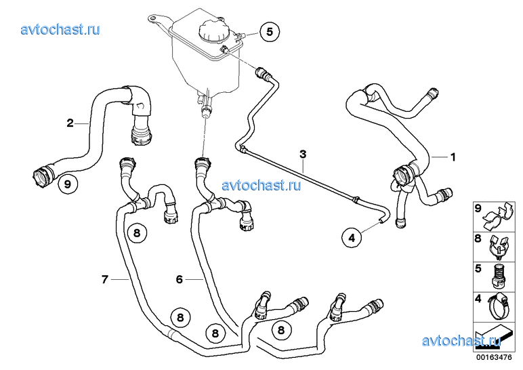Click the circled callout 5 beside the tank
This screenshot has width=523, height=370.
click(x=270, y=32)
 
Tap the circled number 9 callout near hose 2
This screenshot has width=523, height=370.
click(x=68, y=184)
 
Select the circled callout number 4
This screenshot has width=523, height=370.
click(x=352, y=238)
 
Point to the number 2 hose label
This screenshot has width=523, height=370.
click(x=70, y=123)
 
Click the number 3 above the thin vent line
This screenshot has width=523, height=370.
click(x=303, y=155)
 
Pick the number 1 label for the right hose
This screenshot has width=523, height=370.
click(x=453, y=157)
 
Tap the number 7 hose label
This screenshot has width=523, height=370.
click(x=105, y=279)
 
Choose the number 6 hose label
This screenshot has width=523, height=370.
click(x=180, y=279)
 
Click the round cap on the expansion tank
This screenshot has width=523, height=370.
click(x=213, y=30)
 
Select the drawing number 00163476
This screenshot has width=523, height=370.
click(x=494, y=357)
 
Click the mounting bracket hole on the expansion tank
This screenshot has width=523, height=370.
click(x=152, y=18)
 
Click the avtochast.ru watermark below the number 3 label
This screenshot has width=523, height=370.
click(x=261, y=184)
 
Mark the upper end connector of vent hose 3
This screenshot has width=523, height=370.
click(x=261, y=73)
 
